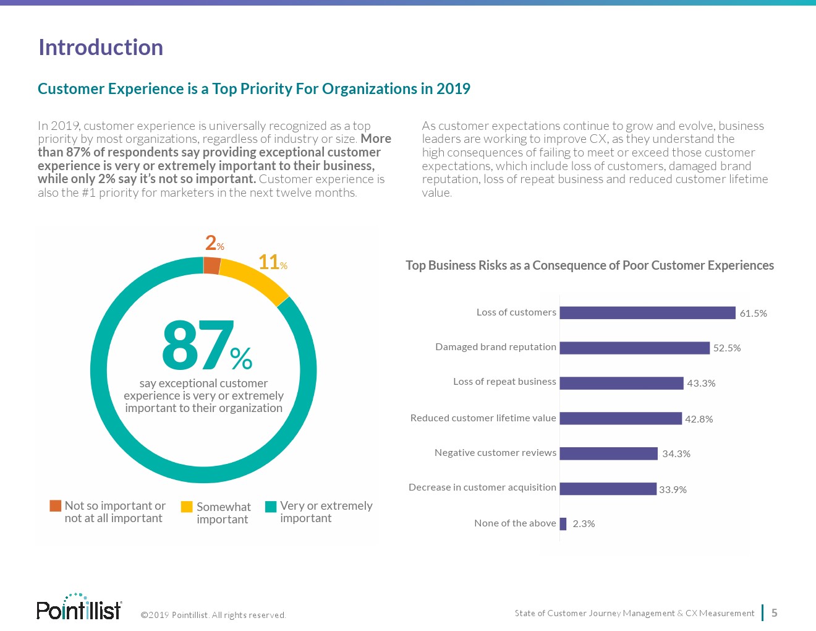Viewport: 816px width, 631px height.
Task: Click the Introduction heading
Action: (x=101, y=48)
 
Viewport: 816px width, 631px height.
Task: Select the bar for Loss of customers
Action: (x=647, y=313)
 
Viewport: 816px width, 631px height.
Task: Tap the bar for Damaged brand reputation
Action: (x=634, y=348)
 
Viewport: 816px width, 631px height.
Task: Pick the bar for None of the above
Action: (x=563, y=523)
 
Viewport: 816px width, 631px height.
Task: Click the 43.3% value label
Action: (x=701, y=383)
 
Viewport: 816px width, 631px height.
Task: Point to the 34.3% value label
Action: (x=676, y=453)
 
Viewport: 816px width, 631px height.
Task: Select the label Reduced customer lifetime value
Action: (x=483, y=418)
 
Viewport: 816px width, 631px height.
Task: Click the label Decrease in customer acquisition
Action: (x=482, y=487)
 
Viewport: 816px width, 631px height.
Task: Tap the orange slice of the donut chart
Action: (x=212, y=265)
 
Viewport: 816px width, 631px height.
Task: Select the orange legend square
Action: (x=56, y=506)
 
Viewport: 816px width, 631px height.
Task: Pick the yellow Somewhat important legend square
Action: (x=187, y=507)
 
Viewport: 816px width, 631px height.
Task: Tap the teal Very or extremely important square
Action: (x=271, y=507)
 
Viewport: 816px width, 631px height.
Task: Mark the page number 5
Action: (x=774, y=613)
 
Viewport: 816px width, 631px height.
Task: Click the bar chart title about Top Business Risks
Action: (x=589, y=265)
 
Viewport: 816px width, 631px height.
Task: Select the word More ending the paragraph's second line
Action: (x=376, y=139)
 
